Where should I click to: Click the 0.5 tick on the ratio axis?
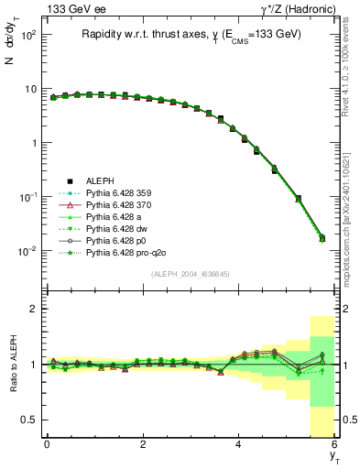pos(30,420)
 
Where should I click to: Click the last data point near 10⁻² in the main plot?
pos(322,238)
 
